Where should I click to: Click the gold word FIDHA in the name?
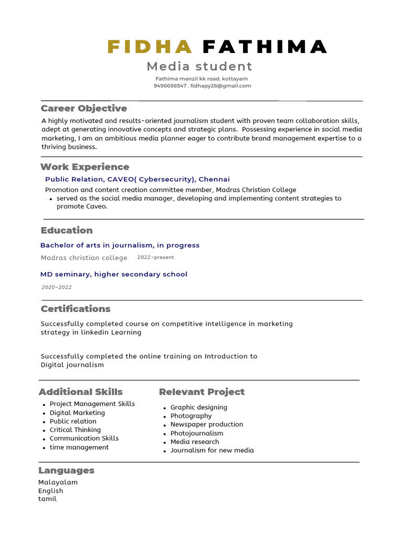pos(150,47)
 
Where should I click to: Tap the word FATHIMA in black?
pos(264,47)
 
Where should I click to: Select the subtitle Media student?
pos(199,66)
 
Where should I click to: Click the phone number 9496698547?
pos(170,86)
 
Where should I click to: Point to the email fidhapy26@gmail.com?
pos(221,86)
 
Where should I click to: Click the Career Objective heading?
pos(84,108)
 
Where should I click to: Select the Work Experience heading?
pos(85,167)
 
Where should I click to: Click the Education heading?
pos(67,230)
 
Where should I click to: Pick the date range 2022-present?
pos(155,257)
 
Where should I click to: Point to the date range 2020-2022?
pos(57,287)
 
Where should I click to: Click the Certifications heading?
pos(76,308)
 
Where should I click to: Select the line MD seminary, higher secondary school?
pos(114,274)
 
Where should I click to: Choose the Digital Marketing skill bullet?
pos(77,413)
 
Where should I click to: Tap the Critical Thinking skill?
pos(75,430)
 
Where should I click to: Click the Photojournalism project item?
pos(197,433)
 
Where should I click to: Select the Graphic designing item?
pos(199,407)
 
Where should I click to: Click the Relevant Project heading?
pos(201,391)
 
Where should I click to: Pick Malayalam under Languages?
pos(58,482)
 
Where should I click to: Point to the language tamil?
pos(47,499)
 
